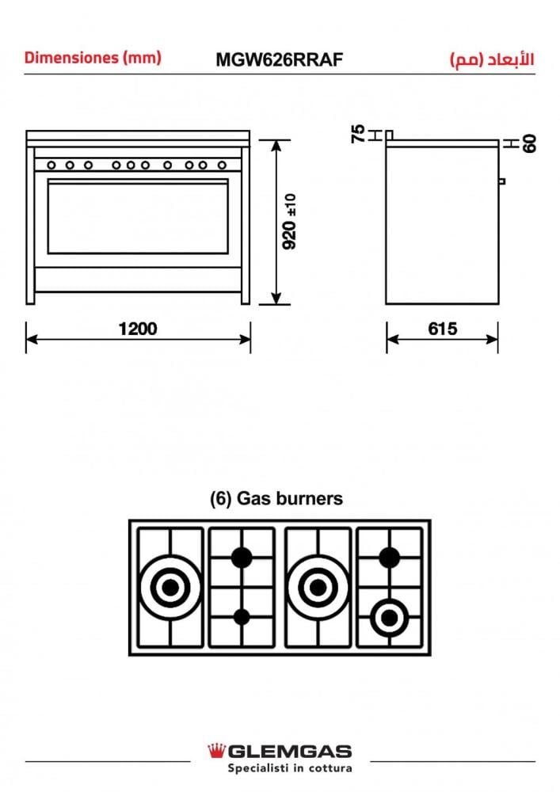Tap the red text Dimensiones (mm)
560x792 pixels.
coord(93,58)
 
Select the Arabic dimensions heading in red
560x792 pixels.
coord(491,59)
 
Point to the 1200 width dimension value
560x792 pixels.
coord(138,329)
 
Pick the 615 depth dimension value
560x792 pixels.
coord(442,329)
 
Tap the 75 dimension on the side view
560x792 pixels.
coord(358,134)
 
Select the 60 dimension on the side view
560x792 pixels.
coord(529,143)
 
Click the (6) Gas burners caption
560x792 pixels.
coord(276,499)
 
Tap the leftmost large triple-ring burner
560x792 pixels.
coord(170,587)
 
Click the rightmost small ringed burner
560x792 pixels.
coord(389,616)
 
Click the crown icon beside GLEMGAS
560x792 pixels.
coord(216,751)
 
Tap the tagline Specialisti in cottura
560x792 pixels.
coord(280,768)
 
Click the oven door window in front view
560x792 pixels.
coord(138,216)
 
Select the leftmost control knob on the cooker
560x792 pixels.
coord(51,166)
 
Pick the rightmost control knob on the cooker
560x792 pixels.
coord(218,166)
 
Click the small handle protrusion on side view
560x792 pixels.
coord(502,181)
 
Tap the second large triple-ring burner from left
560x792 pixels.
coord(317,587)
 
